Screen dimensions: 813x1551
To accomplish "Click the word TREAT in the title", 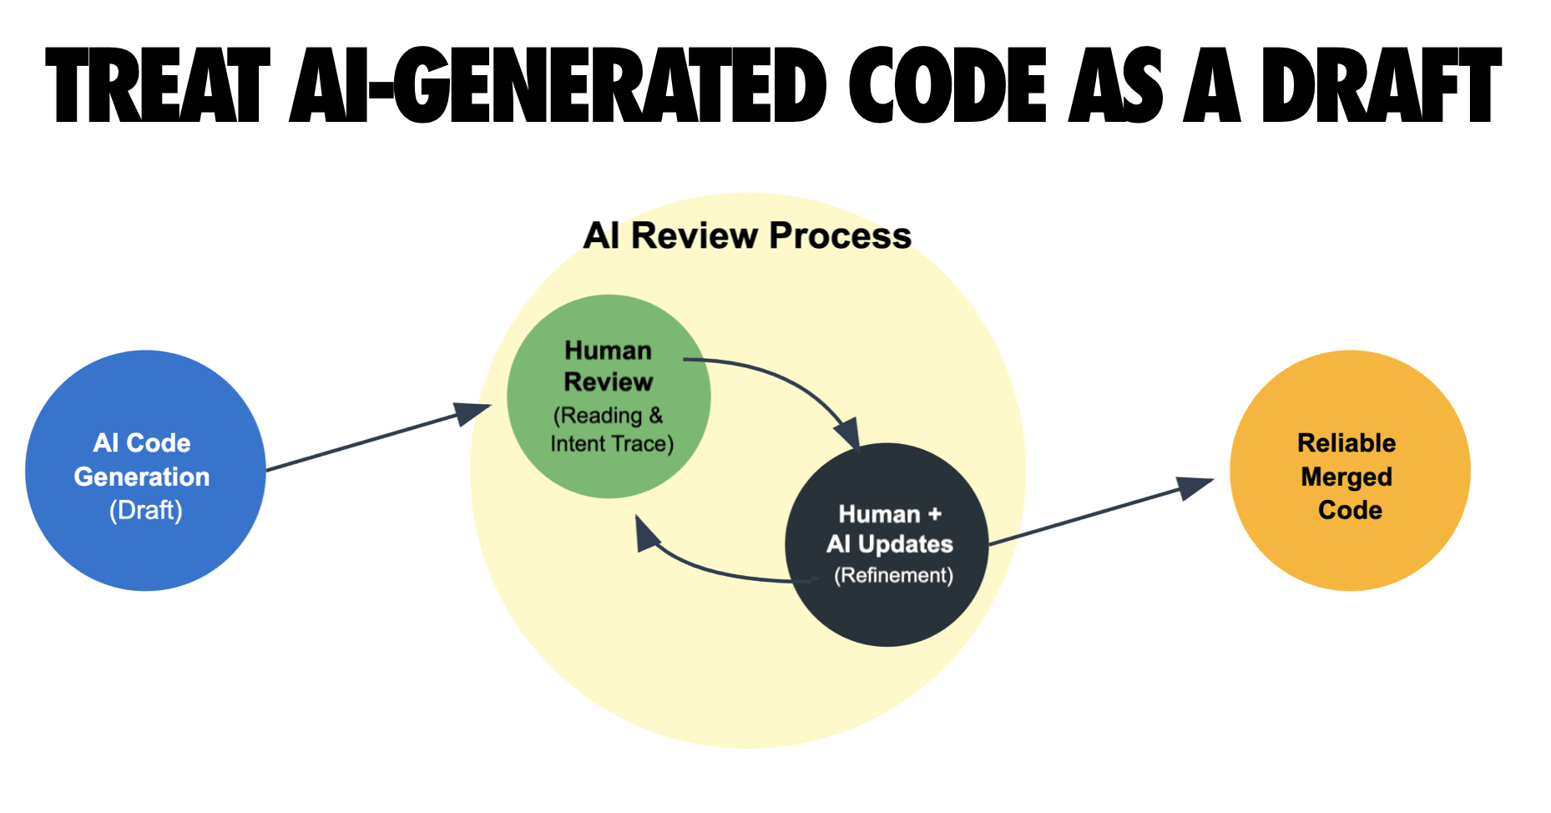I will click(159, 86).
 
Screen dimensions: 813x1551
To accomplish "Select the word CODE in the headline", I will click(947, 86).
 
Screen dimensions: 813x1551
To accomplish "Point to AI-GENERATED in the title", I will click(558, 86).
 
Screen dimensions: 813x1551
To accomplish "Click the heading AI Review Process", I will click(747, 236).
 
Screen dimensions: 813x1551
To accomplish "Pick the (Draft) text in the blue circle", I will click(146, 510).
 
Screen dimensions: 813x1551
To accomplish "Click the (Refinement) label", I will click(893, 575).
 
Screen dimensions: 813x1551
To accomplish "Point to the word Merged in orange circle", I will click(1346, 477).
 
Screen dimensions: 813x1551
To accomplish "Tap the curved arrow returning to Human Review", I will click(710, 569).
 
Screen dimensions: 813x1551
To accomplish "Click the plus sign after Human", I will click(935, 514).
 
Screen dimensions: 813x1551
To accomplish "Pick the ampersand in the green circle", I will click(656, 415).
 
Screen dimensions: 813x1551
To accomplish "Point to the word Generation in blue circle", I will click(142, 477).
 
